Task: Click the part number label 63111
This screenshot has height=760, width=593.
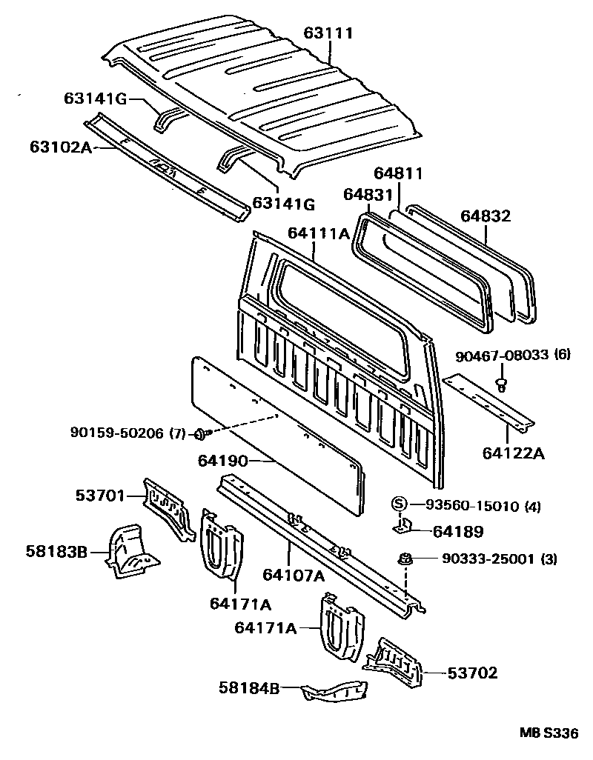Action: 328,33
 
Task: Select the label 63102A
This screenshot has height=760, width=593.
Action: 61,147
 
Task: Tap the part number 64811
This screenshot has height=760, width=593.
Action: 398,174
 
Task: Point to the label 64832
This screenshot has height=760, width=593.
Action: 486,216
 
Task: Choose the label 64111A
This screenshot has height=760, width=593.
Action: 319,234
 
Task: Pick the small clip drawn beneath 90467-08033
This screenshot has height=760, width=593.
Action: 502,384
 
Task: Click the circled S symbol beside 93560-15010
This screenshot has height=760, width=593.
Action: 399,505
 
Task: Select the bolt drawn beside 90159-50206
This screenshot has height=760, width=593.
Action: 200,433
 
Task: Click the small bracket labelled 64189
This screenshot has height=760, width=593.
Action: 402,527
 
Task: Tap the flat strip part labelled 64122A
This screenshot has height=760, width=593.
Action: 489,405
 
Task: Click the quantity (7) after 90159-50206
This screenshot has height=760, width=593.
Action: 178,433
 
